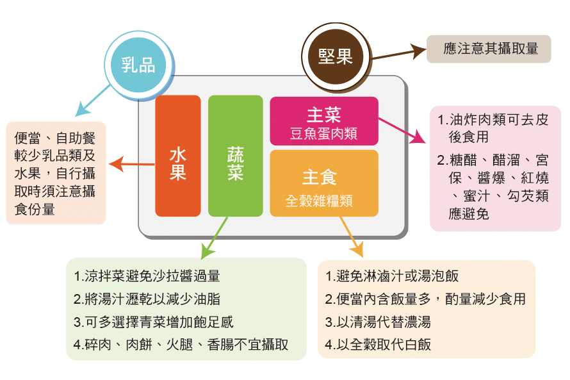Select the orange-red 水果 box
pyautogui.click(x=177, y=156)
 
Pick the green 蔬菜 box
pyautogui.click(x=235, y=156)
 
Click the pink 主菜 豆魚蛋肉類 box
pyautogui.click(x=323, y=121)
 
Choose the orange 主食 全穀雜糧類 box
pyautogui.click(x=323, y=183)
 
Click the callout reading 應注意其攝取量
pyautogui.click(x=488, y=49)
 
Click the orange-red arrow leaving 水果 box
pyautogui.click(x=132, y=165)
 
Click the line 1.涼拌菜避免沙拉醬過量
pyautogui.click(x=147, y=277)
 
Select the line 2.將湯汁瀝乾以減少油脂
pyautogui.click(x=147, y=299)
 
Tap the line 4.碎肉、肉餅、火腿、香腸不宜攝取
pyautogui.click(x=181, y=344)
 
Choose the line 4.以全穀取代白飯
pyautogui.click(x=378, y=344)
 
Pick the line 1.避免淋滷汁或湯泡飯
pyautogui.click(x=391, y=277)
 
